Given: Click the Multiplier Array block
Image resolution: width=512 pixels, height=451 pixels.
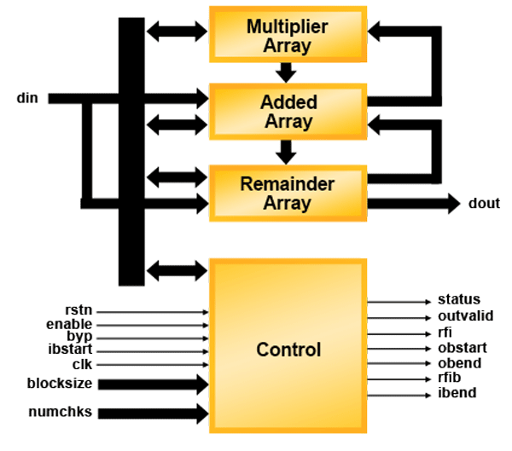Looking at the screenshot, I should (287, 35).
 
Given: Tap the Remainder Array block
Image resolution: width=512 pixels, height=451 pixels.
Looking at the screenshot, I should (287, 194).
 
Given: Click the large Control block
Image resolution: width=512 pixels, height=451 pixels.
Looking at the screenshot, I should (288, 350).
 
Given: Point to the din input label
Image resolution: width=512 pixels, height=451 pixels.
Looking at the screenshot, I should (28, 98).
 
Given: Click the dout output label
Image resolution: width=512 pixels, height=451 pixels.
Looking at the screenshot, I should (484, 203).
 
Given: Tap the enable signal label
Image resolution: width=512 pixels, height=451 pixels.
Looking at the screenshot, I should (69, 325).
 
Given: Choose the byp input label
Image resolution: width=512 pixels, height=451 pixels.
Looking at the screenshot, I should (79, 337).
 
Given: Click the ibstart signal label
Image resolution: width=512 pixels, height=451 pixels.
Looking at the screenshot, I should (70, 350).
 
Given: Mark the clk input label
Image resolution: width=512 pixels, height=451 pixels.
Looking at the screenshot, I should (81, 364).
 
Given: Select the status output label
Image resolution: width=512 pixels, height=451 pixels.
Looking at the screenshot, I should (459, 299).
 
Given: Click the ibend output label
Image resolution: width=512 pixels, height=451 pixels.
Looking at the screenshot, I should (457, 393).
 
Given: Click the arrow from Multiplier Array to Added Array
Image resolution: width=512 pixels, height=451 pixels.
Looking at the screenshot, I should (287, 72).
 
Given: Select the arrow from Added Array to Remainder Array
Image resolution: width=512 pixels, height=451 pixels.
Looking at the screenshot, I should (287, 152).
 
